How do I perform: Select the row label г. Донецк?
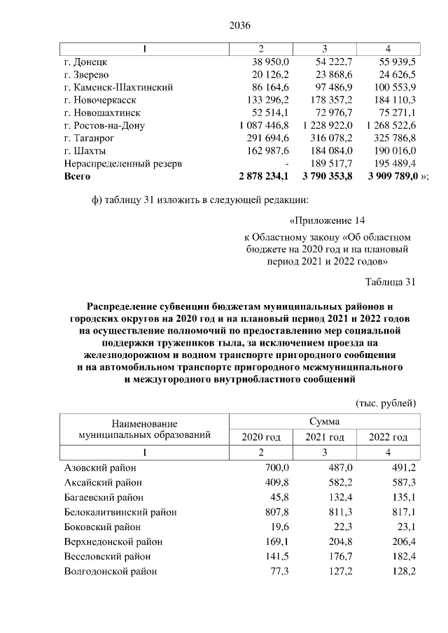coord(83,62)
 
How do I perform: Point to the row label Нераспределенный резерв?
coord(122,164)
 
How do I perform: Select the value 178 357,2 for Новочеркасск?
coord(327,100)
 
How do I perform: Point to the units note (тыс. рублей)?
coord(386,403)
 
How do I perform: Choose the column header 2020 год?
coord(261,437)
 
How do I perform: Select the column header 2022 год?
coord(388,437)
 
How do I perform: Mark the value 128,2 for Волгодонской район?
coord(404,571)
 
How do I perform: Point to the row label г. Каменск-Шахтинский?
coord(118,87)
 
